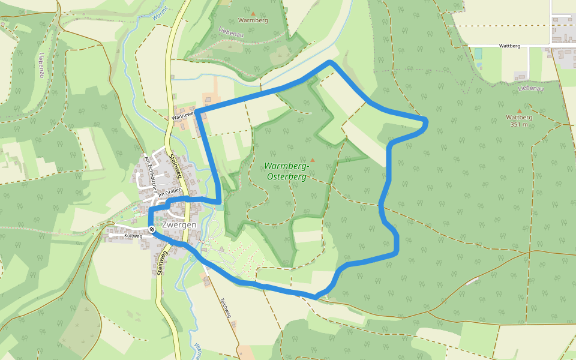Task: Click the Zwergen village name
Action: [179, 224]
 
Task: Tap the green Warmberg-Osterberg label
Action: [286, 171]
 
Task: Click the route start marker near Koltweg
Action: [152, 229]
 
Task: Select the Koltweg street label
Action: [133, 236]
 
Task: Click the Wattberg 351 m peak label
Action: [520, 121]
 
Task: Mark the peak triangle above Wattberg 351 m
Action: [520, 110]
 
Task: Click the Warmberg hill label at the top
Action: [253, 20]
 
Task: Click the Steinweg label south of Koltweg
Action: [161, 263]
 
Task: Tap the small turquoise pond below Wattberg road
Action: [478, 53]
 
